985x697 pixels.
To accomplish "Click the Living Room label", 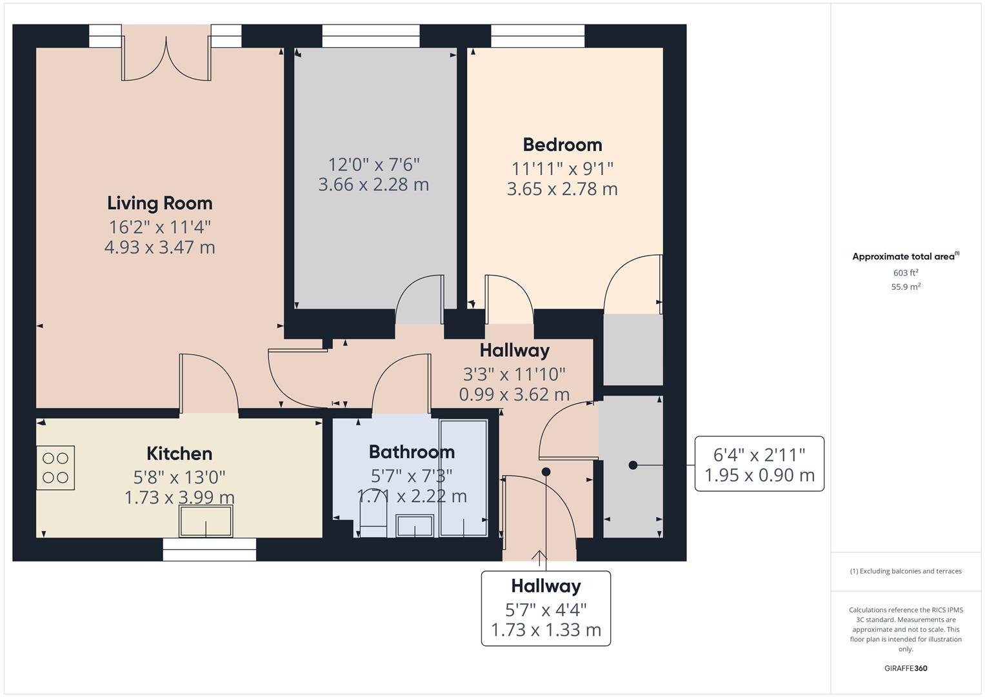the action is [159, 203].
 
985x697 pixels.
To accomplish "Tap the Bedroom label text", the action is [562, 145].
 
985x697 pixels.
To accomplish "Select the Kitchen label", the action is [179, 454].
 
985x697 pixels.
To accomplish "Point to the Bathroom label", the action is [412, 452].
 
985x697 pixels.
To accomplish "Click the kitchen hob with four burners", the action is [55, 468].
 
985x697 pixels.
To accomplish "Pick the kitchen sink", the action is [206, 521].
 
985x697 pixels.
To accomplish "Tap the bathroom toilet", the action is [373, 520].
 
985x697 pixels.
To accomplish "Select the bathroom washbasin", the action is [415, 526].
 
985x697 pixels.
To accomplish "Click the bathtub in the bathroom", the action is [464, 478].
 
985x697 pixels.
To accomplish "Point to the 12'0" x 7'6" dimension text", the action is [373, 165].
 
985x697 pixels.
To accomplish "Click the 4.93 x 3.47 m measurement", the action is [159, 247].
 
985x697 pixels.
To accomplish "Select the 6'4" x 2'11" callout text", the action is [759, 455].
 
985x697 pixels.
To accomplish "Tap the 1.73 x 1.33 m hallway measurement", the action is [546, 630].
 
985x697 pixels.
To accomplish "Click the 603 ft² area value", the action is [906, 273].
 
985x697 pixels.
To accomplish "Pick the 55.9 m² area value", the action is [906, 287].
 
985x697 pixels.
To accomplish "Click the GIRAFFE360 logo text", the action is [906, 669].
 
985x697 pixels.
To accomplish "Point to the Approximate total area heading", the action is [906, 257].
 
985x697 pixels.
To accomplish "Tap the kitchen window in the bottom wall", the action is [209, 550].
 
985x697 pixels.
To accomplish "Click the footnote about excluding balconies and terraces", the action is [906, 571].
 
